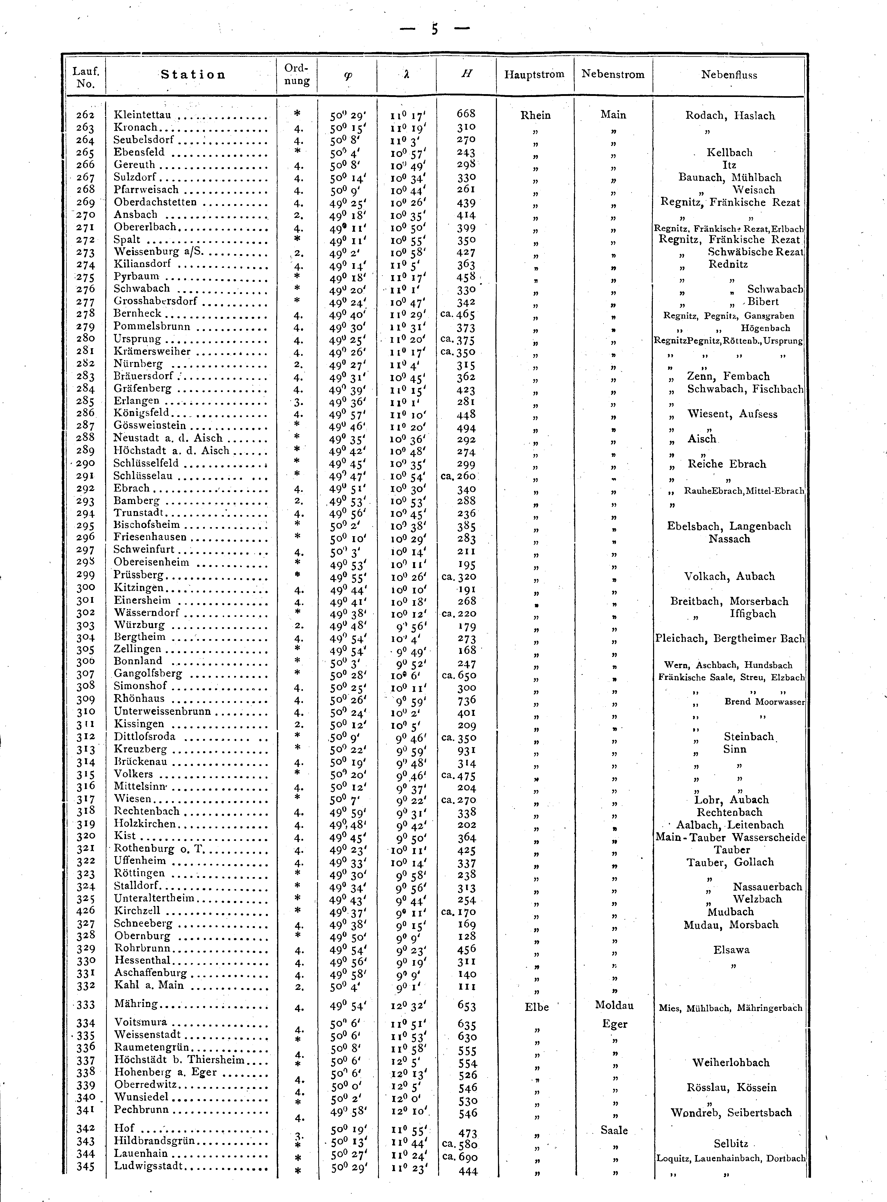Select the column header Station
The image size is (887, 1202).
pos(193,75)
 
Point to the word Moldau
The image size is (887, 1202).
pos(614,1005)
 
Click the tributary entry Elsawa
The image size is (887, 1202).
pos(731,950)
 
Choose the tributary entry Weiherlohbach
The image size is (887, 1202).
pos(731,1063)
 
